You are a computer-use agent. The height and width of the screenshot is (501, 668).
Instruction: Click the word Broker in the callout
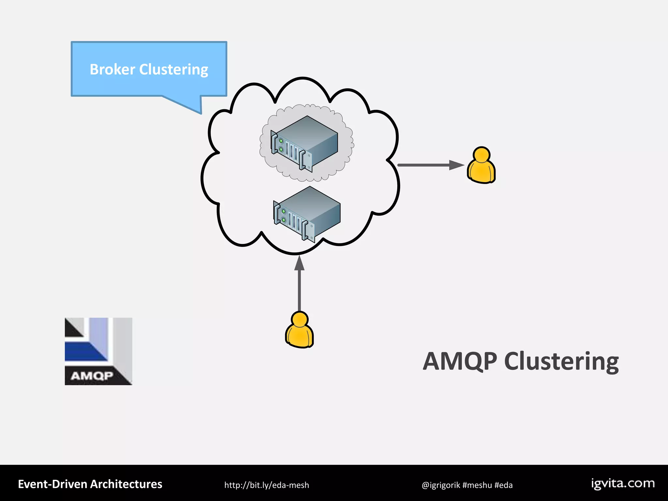(112, 69)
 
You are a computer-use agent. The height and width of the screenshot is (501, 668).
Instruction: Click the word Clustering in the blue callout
(174, 69)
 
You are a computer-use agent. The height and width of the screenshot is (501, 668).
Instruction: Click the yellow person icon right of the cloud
(481, 165)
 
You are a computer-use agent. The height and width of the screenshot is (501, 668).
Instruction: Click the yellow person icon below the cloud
(299, 330)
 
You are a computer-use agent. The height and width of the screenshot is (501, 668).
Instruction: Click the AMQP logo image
(98, 351)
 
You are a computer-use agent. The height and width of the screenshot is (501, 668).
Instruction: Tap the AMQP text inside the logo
(92, 376)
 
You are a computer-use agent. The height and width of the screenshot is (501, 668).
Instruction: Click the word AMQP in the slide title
(460, 361)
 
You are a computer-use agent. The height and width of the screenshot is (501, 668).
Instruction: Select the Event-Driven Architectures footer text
(90, 484)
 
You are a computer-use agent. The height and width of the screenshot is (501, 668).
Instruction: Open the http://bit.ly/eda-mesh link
(266, 485)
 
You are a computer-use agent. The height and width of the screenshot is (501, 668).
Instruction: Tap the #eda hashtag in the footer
(503, 485)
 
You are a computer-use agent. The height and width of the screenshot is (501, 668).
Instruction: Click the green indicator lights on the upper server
(281, 145)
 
